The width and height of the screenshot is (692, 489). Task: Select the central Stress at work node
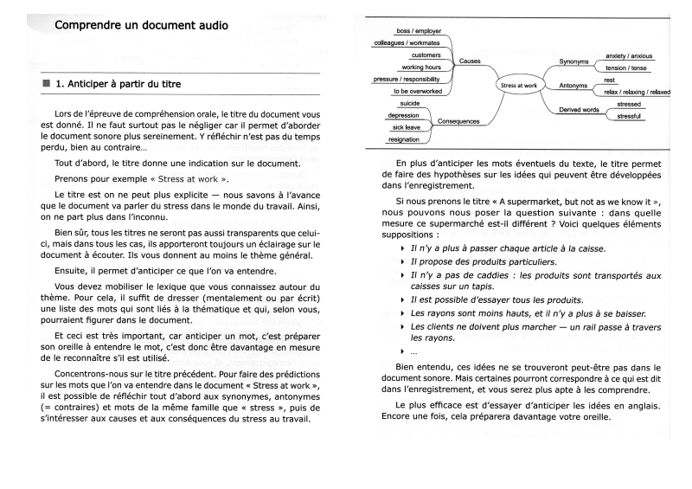pyautogui.click(x=519, y=85)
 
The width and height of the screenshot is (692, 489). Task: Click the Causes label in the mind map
pyautogui.click(x=470, y=61)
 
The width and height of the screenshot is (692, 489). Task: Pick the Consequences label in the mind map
pyautogui.click(x=458, y=122)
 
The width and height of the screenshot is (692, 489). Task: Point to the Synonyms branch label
pyautogui.click(x=573, y=62)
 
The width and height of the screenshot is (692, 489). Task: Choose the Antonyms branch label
pyautogui.click(x=573, y=86)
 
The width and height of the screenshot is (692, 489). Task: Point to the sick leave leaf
pyautogui.click(x=407, y=126)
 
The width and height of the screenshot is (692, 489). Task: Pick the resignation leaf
pyautogui.click(x=405, y=138)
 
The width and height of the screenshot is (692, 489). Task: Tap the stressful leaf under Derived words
pyautogui.click(x=629, y=115)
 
